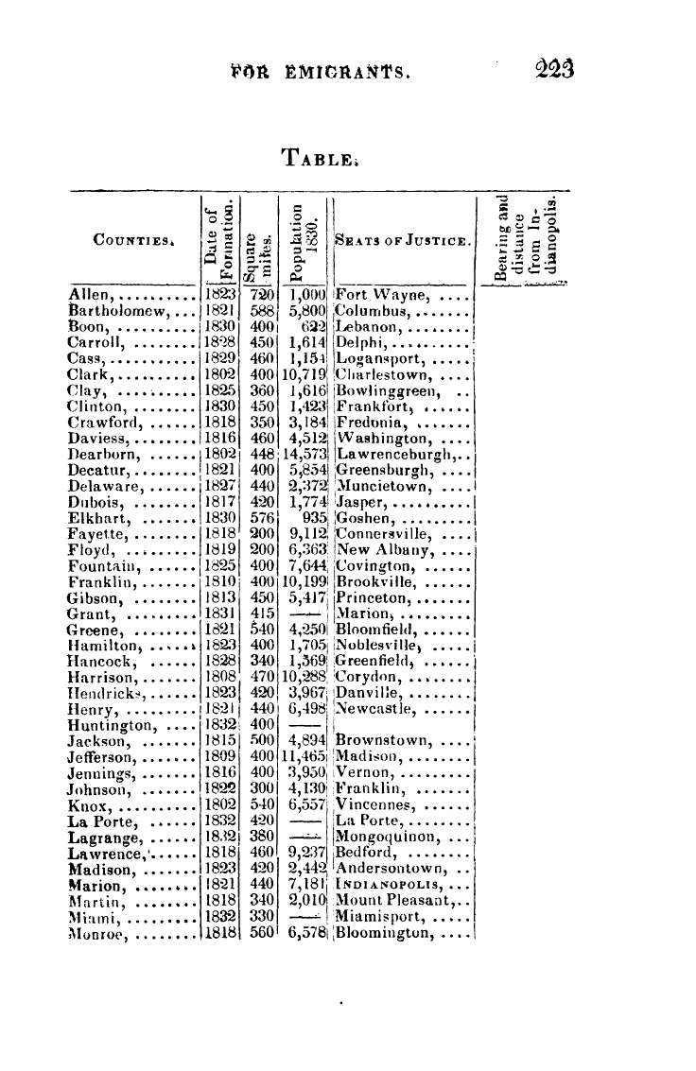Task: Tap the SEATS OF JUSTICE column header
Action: pyautogui.click(x=404, y=243)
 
